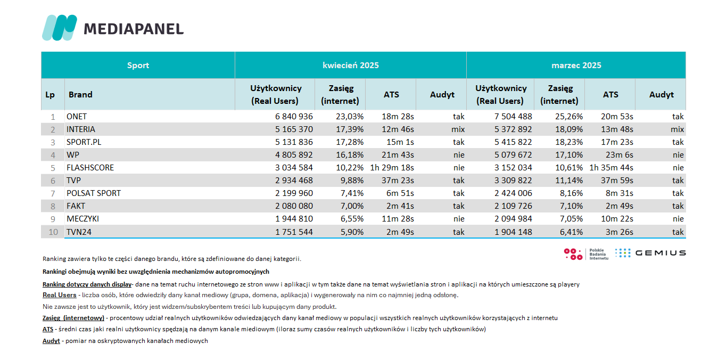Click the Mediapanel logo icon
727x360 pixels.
click(x=60, y=28)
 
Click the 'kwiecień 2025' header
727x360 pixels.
click(x=351, y=66)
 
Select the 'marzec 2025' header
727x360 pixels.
click(x=576, y=66)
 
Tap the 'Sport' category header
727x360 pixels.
click(x=138, y=66)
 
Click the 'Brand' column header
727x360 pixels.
click(x=80, y=94)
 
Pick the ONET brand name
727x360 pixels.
click(x=77, y=117)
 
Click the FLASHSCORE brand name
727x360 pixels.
click(x=90, y=168)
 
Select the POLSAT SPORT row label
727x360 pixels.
click(x=94, y=193)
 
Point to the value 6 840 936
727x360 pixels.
click(x=294, y=117)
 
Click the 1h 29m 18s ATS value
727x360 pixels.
click(x=392, y=168)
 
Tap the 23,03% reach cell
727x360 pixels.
click(x=350, y=117)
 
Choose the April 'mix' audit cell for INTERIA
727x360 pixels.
click(x=458, y=129)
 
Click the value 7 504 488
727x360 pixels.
click(x=513, y=117)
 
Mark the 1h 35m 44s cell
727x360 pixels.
click(x=611, y=168)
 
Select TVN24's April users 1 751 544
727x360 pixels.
click(x=294, y=232)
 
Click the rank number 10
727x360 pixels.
click(x=53, y=232)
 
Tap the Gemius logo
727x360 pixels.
click(x=650, y=253)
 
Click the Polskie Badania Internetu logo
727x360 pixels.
click(x=586, y=254)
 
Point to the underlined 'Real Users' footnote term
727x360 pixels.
click(x=60, y=295)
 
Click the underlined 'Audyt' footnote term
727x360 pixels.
click(x=51, y=341)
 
